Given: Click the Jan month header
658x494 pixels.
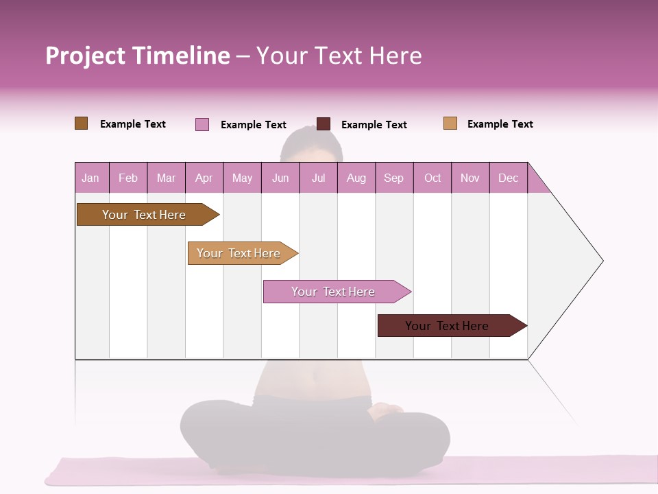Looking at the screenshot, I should click(x=91, y=178).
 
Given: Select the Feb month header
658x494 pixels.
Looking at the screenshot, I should click(x=128, y=178).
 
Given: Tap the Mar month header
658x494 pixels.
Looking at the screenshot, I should click(x=166, y=178).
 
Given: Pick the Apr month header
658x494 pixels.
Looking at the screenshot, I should click(x=204, y=178).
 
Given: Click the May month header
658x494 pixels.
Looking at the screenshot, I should click(x=242, y=178).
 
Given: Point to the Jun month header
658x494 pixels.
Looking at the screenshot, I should click(x=280, y=178).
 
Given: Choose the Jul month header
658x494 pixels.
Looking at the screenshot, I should click(x=318, y=178).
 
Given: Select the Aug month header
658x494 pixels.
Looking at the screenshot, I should click(x=356, y=178).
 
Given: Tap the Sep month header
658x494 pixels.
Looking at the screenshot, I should click(x=394, y=178).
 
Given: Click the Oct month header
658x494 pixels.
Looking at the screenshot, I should click(x=432, y=178).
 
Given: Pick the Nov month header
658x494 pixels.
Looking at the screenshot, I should click(x=470, y=178).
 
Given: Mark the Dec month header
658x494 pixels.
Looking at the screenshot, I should click(x=509, y=178).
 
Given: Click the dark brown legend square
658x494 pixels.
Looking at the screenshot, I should click(x=82, y=123).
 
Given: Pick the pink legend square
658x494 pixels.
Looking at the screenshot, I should click(x=202, y=124).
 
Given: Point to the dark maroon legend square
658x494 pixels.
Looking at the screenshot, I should click(x=324, y=124).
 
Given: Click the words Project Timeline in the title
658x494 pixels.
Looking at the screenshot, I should click(x=138, y=56).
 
